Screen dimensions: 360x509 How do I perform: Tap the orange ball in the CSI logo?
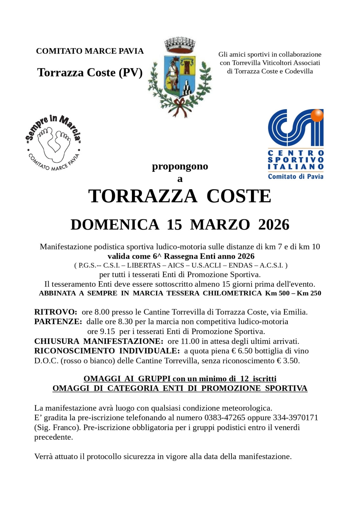(x=317, y=115)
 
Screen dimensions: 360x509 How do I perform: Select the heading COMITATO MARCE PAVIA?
(x=90, y=51)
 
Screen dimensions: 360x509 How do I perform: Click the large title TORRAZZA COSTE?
(x=180, y=196)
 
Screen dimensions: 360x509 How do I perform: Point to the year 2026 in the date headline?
(x=273, y=225)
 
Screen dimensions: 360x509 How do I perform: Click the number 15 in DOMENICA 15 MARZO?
(x=174, y=225)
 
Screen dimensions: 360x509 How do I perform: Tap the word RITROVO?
(x=55, y=312)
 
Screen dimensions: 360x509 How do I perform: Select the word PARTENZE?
(x=58, y=322)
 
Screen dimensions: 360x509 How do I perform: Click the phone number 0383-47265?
(x=225, y=418)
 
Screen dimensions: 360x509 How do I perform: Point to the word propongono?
(x=180, y=166)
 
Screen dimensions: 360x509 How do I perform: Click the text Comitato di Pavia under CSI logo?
(x=295, y=176)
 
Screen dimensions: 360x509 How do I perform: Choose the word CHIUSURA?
(x=57, y=341)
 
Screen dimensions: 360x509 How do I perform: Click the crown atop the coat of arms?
(x=179, y=45)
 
